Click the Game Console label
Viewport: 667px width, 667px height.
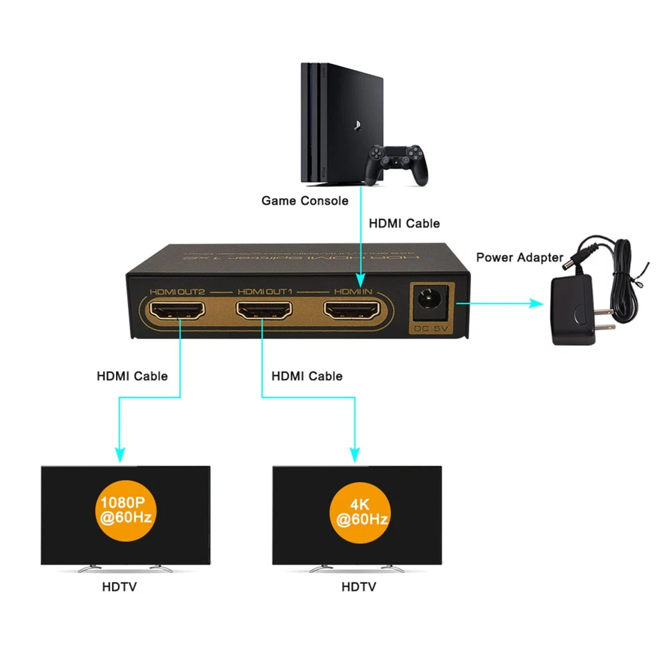304,201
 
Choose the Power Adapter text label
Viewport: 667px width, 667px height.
519,257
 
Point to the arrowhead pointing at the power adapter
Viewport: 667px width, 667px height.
536,303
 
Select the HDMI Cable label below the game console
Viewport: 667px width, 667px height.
404,223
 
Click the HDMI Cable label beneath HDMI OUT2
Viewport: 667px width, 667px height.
132,376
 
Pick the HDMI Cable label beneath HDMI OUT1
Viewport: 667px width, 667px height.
306,376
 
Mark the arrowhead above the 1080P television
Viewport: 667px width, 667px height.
120,454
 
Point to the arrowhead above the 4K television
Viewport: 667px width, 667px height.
356,454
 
